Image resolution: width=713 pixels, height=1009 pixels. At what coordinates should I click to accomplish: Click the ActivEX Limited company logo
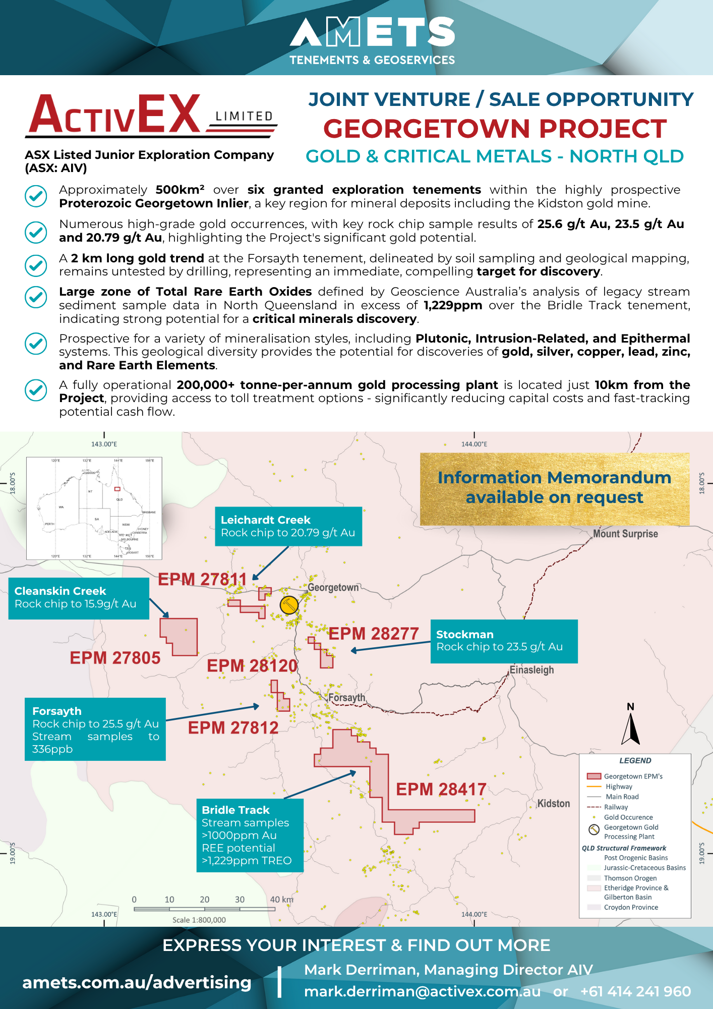click(150, 116)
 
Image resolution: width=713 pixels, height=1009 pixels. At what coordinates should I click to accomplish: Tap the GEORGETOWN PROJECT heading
click(495, 129)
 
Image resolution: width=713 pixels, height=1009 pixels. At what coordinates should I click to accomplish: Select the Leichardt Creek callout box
click(288, 526)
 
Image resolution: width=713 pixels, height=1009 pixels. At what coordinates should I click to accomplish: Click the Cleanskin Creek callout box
click(79, 598)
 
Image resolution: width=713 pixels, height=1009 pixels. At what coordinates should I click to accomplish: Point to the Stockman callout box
click(504, 641)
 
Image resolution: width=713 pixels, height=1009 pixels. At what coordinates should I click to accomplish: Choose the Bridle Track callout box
click(250, 835)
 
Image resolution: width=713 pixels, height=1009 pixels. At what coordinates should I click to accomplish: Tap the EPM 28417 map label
click(441, 789)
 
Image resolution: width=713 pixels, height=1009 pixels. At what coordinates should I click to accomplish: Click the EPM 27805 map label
click(115, 658)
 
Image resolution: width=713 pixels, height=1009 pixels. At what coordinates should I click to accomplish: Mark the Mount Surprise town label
click(625, 534)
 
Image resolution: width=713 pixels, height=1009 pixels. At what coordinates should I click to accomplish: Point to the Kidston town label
click(553, 803)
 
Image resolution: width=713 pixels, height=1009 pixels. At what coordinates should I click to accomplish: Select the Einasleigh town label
click(531, 670)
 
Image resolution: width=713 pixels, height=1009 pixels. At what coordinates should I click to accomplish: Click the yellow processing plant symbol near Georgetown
click(289, 605)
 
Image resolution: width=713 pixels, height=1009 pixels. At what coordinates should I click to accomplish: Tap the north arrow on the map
click(630, 726)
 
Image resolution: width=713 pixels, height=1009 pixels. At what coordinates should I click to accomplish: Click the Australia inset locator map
click(94, 508)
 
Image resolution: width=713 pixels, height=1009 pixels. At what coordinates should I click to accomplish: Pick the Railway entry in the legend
click(616, 807)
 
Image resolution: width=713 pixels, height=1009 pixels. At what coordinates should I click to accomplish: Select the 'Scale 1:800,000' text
click(199, 920)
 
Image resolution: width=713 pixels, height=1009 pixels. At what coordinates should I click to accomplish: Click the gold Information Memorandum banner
click(554, 488)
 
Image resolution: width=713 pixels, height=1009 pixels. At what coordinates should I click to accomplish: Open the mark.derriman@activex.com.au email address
click(422, 992)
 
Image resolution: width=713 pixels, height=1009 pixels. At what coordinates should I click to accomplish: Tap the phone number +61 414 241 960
click(635, 992)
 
